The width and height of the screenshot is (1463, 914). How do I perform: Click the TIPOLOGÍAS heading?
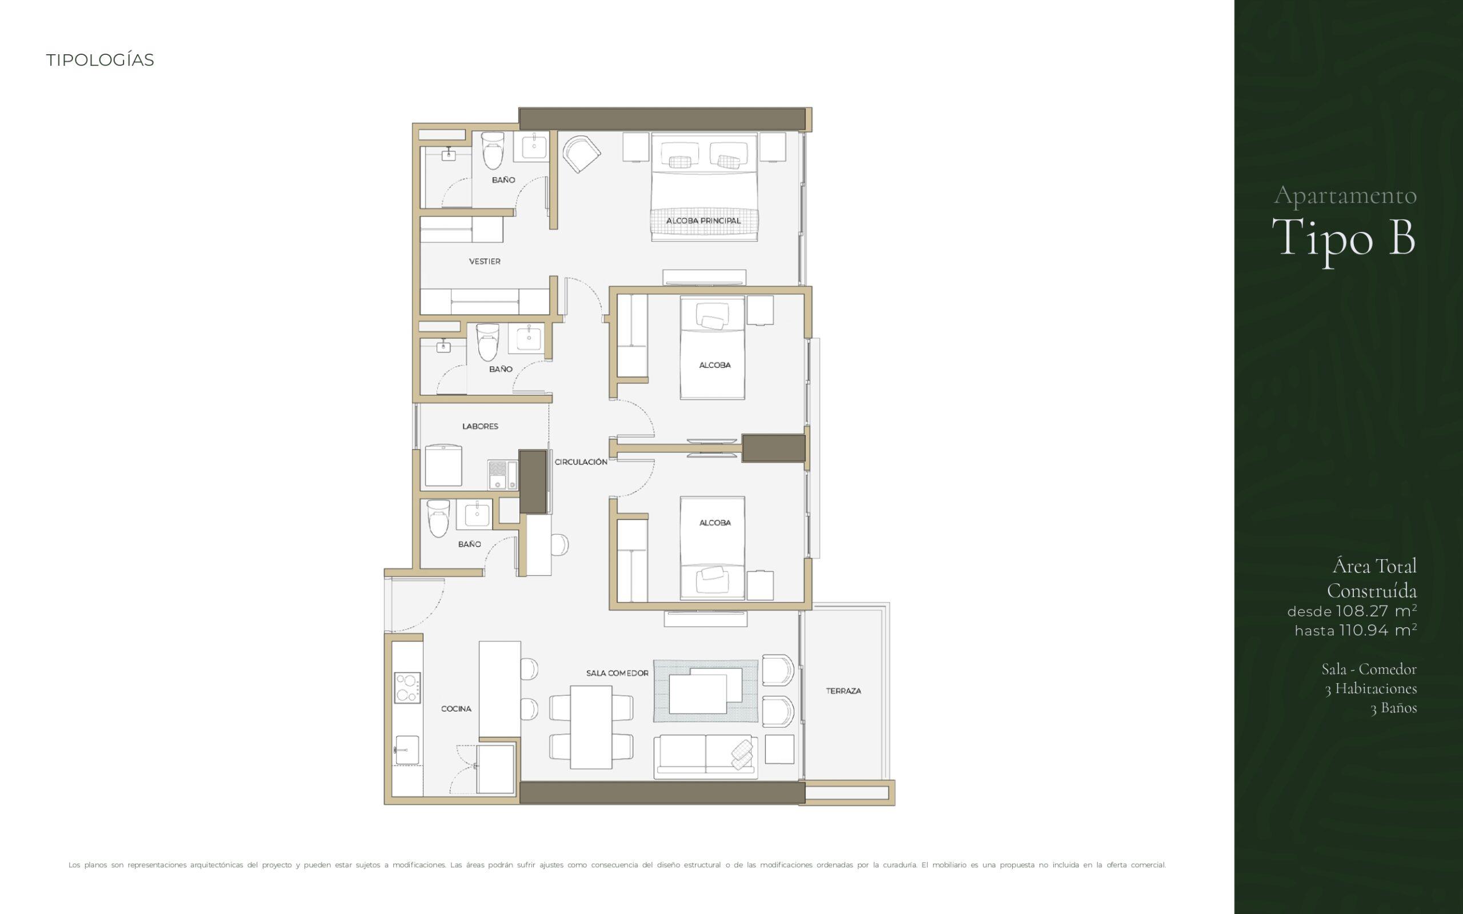click(101, 61)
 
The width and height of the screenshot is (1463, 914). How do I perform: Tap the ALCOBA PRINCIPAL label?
click(703, 221)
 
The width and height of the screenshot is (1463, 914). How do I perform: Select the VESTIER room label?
click(485, 261)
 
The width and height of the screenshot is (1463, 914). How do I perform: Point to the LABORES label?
click(480, 426)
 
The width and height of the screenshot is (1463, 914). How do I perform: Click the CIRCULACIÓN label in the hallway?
click(581, 462)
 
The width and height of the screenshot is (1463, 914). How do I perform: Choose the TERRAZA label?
click(844, 690)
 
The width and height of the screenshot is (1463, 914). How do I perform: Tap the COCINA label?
click(456, 708)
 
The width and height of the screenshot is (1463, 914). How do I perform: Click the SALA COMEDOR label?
click(617, 673)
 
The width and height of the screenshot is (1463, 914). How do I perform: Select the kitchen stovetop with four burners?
click(407, 688)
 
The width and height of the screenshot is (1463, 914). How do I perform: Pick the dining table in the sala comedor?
click(591, 727)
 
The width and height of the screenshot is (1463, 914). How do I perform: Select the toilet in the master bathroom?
click(493, 151)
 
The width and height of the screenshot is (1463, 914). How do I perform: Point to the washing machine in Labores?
click(443, 466)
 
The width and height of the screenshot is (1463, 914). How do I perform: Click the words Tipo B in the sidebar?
click(1344, 238)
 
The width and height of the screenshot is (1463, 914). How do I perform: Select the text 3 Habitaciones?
click(1371, 688)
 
